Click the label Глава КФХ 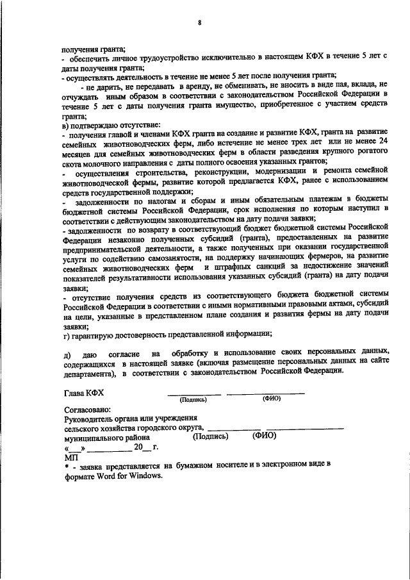[84, 393]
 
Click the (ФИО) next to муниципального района [264, 436]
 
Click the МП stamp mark [70, 458]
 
